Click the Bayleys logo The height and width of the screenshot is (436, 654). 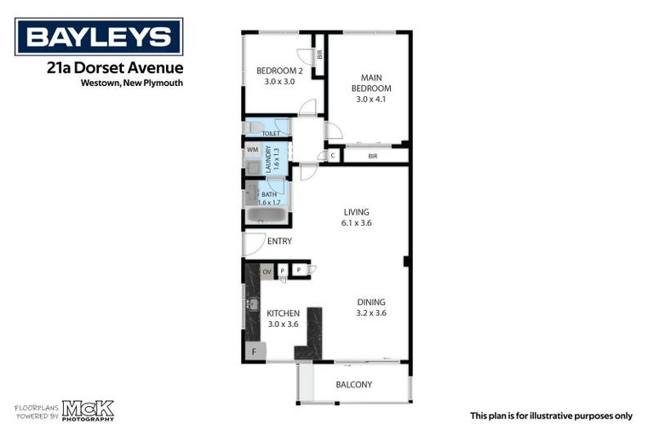click(x=99, y=37)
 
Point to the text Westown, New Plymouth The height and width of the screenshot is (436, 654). click(x=132, y=83)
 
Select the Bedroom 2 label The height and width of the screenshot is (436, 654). click(x=280, y=71)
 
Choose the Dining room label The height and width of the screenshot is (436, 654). click(x=370, y=301)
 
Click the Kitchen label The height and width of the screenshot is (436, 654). click(x=284, y=313)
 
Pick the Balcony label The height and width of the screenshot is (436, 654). click(x=353, y=385)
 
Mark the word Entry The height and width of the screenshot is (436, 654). click(x=279, y=242)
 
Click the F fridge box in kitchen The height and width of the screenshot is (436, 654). click(x=253, y=353)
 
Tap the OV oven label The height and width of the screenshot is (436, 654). click(x=267, y=272)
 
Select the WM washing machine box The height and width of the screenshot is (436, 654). click(x=252, y=150)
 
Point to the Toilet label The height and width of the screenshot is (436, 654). click(x=271, y=134)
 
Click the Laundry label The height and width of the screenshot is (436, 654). click(x=268, y=158)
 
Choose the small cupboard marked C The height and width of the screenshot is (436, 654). click(x=331, y=156)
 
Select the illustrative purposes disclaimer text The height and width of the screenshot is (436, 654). click(x=551, y=416)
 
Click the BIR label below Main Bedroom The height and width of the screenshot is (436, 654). click(x=372, y=156)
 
